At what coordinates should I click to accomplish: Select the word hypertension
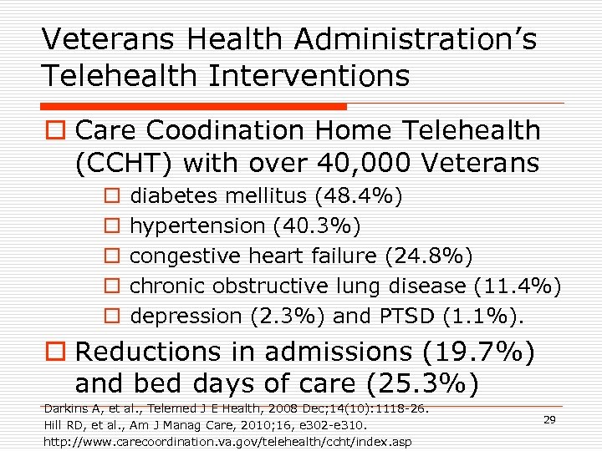(197, 225)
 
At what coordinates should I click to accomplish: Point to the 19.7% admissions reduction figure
(481, 351)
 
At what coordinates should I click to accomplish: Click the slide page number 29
(549, 419)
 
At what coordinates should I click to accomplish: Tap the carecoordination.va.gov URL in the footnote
(227, 440)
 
